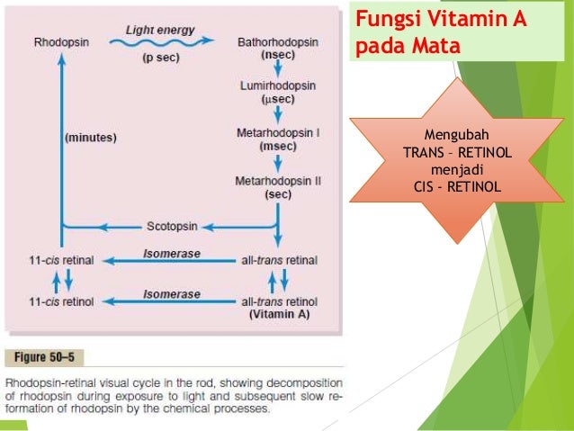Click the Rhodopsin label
click(x=61, y=42)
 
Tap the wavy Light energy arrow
click(x=161, y=42)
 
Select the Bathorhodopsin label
click(x=278, y=42)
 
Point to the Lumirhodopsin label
click(x=278, y=85)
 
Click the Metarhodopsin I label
click(x=278, y=132)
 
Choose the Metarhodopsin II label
click(x=278, y=181)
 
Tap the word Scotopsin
click(x=172, y=227)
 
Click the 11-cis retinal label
click(x=61, y=260)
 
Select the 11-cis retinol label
click(x=61, y=301)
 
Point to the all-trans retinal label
click(x=279, y=260)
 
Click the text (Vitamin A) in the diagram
click(x=279, y=314)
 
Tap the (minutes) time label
click(x=91, y=138)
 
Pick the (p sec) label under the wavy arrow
click(x=161, y=58)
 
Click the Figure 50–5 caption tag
click(x=44, y=357)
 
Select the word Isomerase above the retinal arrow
click(x=172, y=254)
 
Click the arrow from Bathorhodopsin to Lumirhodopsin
click(x=278, y=68)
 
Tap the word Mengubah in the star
click(x=456, y=135)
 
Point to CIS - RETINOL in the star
click(x=457, y=187)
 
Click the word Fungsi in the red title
click(x=388, y=19)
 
